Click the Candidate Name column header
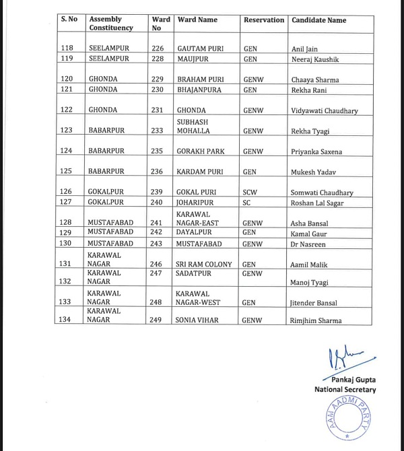click(x=318, y=20)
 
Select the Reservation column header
click(x=263, y=20)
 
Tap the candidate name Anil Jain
click(x=305, y=49)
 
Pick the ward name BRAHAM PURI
click(x=199, y=79)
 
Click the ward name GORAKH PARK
click(x=201, y=151)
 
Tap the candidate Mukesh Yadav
click(x=312, y=172)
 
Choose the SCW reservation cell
click(x=250, y=193)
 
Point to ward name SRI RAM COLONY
click(x=204, y=265)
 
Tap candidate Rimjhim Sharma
click(x=316, y=320)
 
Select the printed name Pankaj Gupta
click(x=351, y=380)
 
